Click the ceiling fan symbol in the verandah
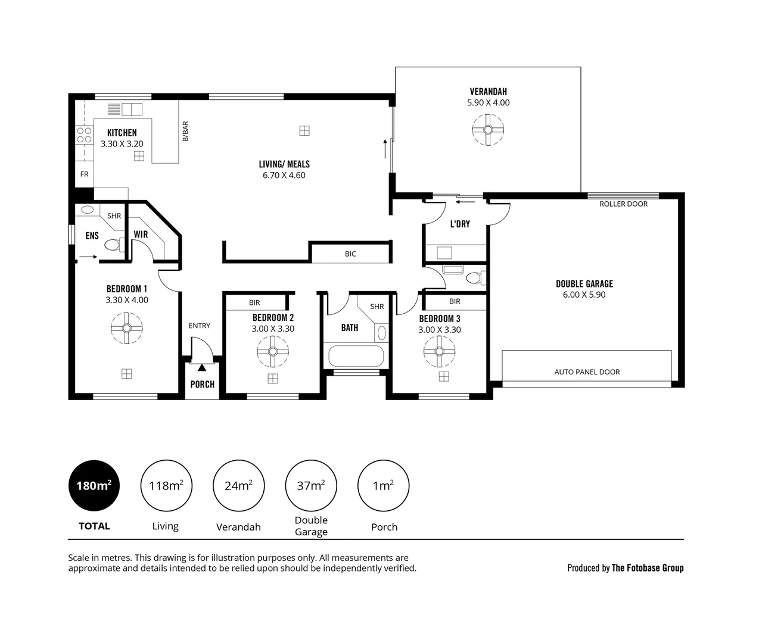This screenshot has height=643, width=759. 488,130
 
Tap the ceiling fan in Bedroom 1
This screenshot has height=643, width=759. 126,329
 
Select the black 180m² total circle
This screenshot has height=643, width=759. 94,486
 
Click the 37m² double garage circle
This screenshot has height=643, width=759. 311,486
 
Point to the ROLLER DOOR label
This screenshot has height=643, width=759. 623,204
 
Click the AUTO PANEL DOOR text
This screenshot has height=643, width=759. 587,372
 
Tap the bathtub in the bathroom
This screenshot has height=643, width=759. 355,356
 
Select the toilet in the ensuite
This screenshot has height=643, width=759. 113,245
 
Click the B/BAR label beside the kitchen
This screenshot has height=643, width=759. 185,131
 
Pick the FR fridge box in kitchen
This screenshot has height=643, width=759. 84,174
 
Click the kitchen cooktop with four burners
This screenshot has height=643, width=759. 83,135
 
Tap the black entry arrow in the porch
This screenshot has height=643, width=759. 202,368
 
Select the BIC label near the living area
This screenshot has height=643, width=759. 350,254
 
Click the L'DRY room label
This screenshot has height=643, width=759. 459,224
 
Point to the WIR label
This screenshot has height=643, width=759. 141,235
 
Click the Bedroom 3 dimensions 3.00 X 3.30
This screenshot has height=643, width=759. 439,329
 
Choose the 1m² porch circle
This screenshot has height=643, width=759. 383,486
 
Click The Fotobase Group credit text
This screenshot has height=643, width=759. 647,567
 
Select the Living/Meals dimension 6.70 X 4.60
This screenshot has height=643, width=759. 284,175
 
